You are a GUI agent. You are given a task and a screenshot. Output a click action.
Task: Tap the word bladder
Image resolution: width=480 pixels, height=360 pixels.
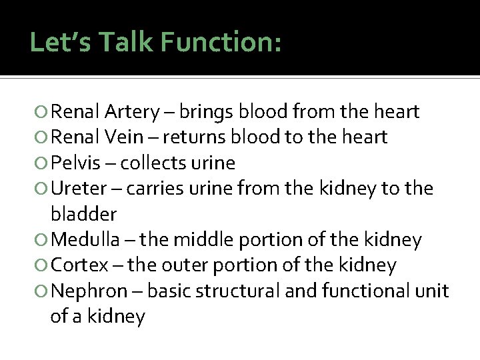(x=83, y=214)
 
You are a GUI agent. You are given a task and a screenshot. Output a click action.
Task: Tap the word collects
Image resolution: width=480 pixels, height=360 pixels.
(x=157, y=163)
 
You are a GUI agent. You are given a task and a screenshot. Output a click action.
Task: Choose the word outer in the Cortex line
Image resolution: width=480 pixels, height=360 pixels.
(x=185, y=265)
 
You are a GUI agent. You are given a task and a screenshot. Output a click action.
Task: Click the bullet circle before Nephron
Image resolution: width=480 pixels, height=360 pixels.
(x=43, y=291)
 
